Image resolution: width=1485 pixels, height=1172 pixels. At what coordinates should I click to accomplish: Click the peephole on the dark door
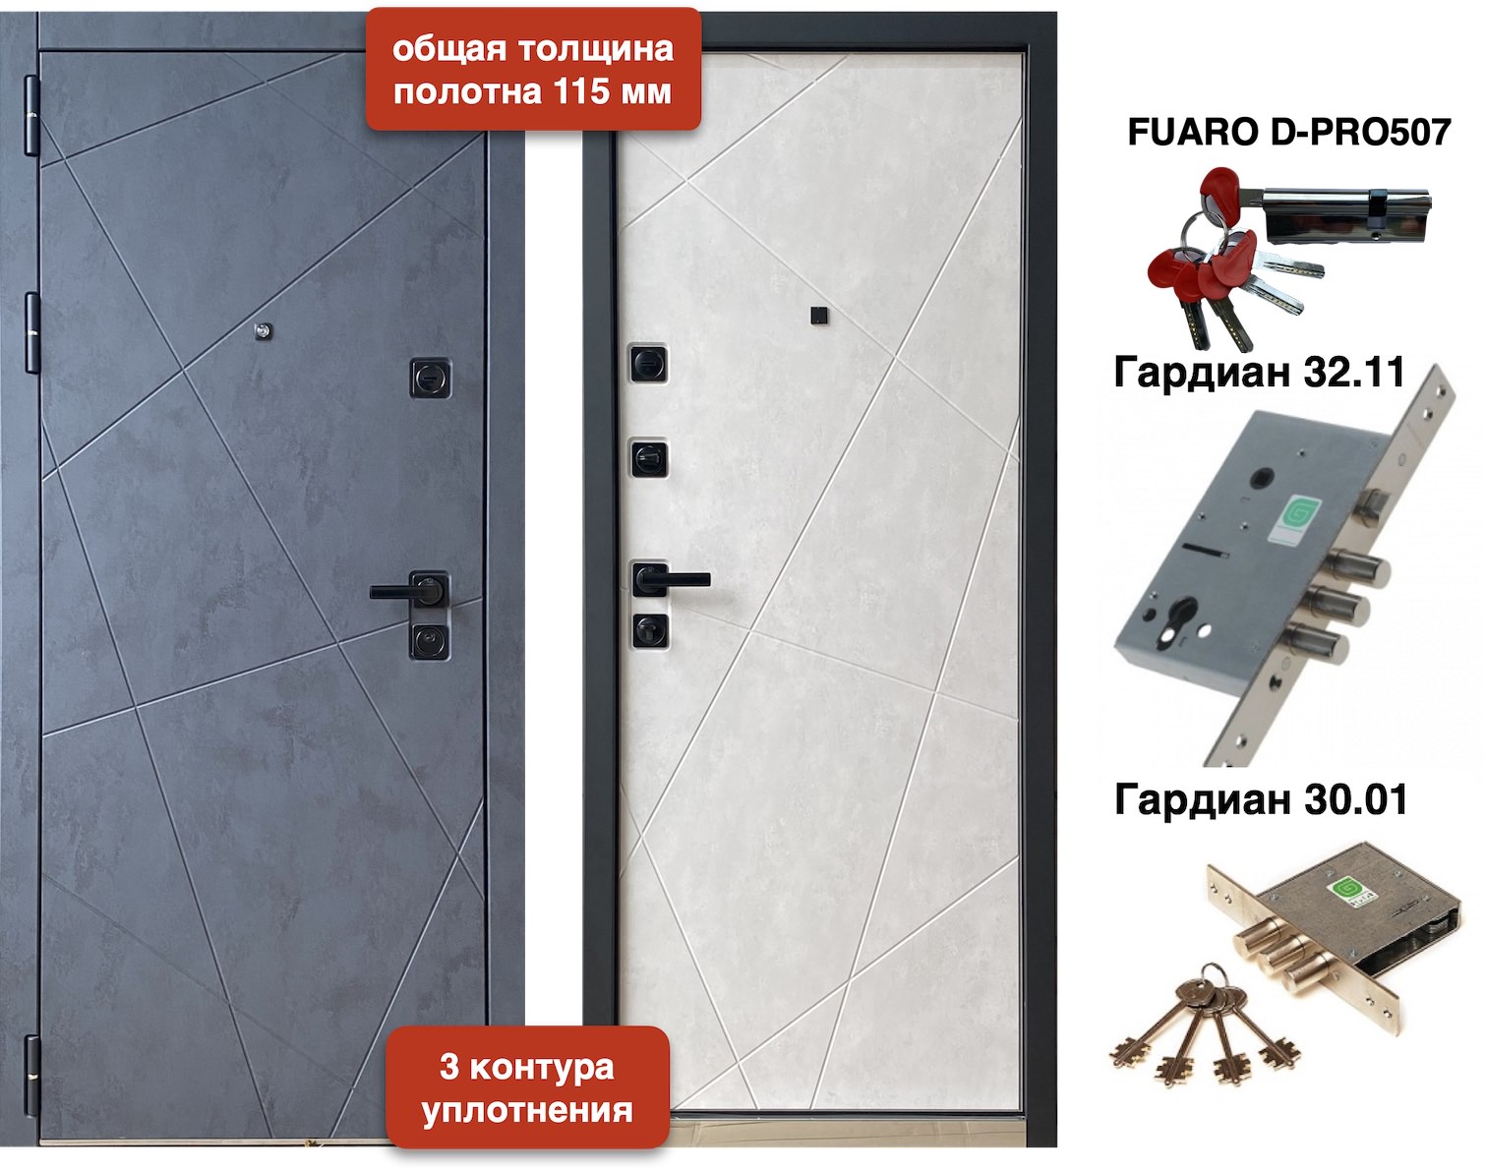263,331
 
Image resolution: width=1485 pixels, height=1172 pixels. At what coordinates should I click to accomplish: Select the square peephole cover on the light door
819,316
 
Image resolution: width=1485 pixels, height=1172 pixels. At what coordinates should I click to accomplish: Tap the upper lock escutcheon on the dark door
431,378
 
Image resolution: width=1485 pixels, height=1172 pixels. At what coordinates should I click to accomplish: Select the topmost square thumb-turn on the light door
649,363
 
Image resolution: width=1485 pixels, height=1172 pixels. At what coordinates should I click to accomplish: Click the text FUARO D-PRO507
1288,131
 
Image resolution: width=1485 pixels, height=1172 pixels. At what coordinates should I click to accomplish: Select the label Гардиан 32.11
1260,373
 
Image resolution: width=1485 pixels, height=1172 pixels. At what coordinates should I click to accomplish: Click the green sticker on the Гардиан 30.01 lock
1347,890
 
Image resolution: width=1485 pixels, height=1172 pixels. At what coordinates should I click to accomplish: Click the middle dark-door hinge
31,332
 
